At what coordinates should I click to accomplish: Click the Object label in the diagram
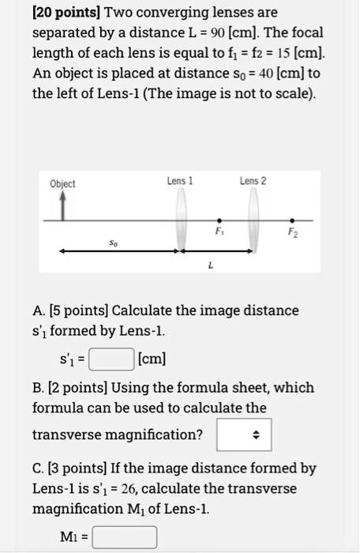pyautogui.click(x=62, y=184)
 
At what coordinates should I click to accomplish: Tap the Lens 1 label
pyautogui.click(x=180, y=181)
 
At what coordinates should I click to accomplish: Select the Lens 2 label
pyautogui.click(x=253, y=181)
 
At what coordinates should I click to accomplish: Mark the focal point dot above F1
pyautogui.click(x=219, y=220)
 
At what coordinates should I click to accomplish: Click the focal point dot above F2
pyautogui.click(x=293, y=220)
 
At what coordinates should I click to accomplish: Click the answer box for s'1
pyautogui.click(x=110, y=361)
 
